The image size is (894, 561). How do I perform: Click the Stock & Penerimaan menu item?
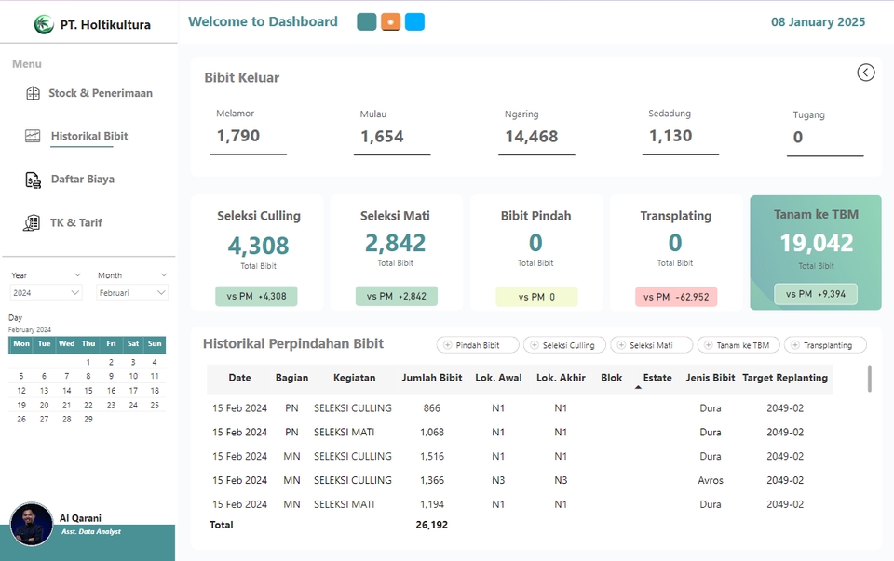100,93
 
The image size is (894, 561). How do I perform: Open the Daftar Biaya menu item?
82,180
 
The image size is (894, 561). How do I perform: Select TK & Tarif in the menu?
76,223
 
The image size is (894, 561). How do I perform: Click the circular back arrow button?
866,73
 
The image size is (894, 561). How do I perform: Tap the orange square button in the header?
391,22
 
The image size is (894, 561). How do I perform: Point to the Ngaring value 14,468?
531,137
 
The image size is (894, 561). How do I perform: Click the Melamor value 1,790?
238,136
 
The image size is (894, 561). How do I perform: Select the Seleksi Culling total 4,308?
259,246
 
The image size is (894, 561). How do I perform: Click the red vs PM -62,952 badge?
674,297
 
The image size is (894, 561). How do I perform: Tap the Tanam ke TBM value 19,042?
816,243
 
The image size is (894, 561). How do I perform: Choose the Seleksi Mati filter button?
651,345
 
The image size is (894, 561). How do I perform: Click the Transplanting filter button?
825,345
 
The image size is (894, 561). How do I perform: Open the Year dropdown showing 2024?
47,292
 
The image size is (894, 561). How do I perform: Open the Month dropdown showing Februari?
132,292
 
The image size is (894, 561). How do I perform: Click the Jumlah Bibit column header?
431,378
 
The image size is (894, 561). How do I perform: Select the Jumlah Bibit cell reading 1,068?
431,433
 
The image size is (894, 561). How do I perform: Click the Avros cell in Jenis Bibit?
711,480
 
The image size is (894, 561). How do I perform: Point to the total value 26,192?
431,525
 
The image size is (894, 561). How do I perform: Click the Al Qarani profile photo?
32,525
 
